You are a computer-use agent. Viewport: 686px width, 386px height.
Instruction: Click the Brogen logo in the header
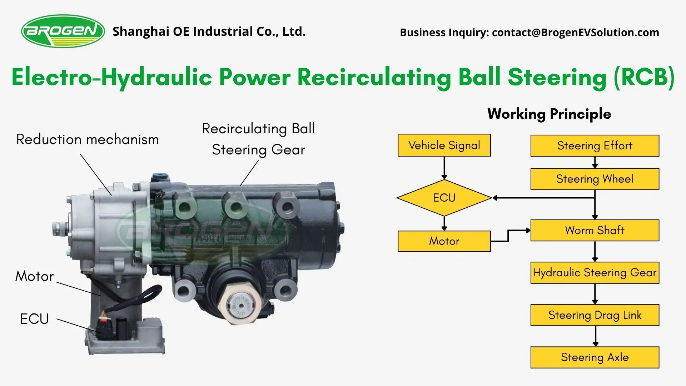pyautogui.click(x=63, y=31)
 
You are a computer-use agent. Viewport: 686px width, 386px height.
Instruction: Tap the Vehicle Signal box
pyautogui.click(x=444, y=145)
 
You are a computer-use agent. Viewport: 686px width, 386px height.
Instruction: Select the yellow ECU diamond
pyautogui.click(x=444, y=198)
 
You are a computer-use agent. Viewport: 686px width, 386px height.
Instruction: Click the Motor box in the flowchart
pyautogui.click(x=444, y=241)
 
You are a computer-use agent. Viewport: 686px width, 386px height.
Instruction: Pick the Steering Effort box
pyautogui.click(x=595, y=146)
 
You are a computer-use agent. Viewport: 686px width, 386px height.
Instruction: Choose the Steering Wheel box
pyautogui.click(x=595, y=179)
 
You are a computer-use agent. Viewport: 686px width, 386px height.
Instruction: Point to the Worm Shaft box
pyautogui.click(x=595, y=230)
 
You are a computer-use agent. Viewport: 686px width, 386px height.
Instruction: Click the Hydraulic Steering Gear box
pyautogui.click(x=595, y=273)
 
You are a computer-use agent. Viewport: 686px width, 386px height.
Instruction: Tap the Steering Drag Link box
pyautogui.click(x=595, y=315)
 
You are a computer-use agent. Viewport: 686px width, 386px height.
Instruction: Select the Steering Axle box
pyautogui.click(x=595, y=357)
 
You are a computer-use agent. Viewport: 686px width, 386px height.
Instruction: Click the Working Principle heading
pyautogui.click(x=549, y=114)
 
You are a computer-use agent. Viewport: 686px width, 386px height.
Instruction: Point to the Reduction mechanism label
pyautogui.click(x=88, y=139)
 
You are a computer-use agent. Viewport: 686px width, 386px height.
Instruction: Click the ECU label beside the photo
pyautogui.click(x=34, y=319)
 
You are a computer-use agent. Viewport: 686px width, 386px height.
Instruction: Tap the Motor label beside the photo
pyautogui.click(x=34, y=276)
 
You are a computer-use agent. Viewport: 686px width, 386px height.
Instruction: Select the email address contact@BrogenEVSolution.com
pyautogui.click(x=575, y=33)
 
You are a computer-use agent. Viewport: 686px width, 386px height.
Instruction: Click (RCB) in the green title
pyautogui.click(x=644, y=77)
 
